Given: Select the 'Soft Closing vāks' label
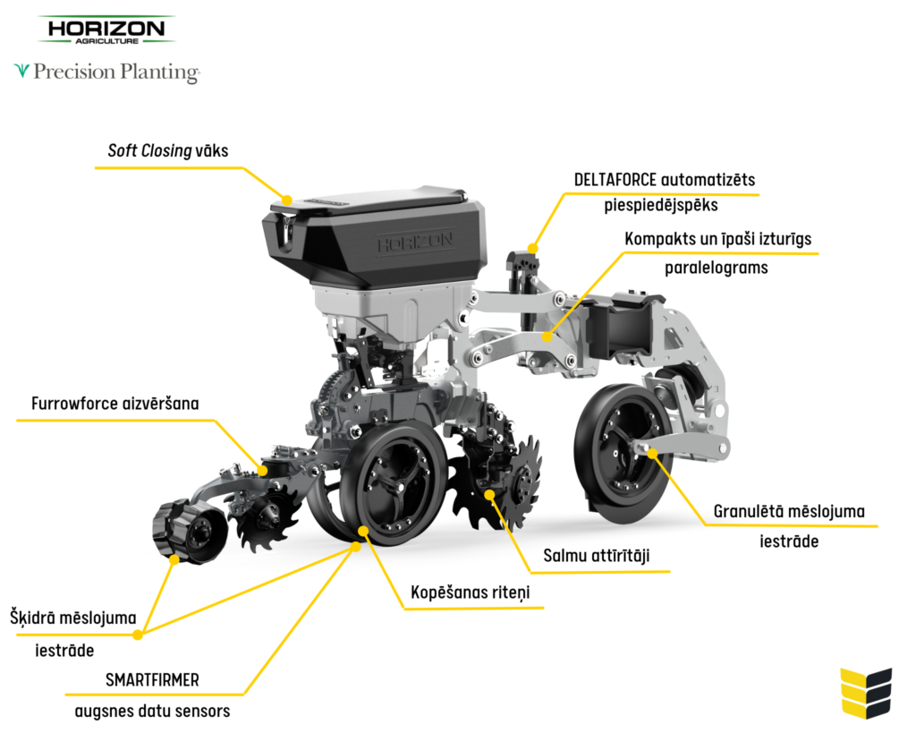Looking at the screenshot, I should coord(168,150).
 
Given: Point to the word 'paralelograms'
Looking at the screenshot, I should coord(716,267).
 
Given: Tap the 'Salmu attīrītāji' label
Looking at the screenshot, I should coord(596,556).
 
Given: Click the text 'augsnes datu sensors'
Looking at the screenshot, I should coord(152,712).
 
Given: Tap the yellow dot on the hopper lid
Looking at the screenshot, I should coord(287,200).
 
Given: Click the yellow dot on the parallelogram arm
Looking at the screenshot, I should coord(547,337).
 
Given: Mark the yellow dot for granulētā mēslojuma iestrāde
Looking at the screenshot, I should coord(653,454).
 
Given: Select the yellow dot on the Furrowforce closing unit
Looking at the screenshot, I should coord(263,469).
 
